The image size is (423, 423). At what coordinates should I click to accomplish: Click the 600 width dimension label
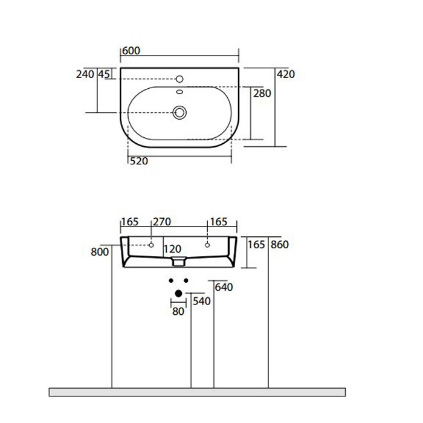pos(131,51)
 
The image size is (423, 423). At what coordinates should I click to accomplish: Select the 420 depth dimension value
pos(286,74)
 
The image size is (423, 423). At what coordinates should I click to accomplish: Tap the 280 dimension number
pos(262,94)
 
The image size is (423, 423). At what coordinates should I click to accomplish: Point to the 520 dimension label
pos(140,161)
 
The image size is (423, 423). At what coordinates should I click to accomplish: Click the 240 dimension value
pos(85,74)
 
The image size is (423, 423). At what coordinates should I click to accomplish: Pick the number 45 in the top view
pos(103,74)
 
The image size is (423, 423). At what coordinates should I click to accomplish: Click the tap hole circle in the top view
pos(179,79)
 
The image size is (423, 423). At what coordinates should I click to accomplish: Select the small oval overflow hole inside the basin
pos(179,92)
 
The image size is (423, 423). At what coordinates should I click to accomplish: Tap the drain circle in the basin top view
pos(179,112)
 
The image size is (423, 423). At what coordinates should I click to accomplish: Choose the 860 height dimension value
pos(281,245)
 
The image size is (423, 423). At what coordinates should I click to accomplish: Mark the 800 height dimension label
pos(100,251)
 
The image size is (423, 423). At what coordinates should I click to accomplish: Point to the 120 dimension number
pos(172,249)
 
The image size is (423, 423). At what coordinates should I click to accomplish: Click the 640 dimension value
pos(224,288)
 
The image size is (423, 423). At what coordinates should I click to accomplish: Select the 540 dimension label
pos(202,301)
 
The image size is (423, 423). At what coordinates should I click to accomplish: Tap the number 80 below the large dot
pos(178,312)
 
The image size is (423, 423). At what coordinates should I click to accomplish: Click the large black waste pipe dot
pos(178,294)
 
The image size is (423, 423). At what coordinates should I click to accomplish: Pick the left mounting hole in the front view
pos(152,245)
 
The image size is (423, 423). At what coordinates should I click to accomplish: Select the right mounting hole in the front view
pos(207,245)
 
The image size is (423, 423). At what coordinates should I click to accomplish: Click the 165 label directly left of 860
pos(257,245)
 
